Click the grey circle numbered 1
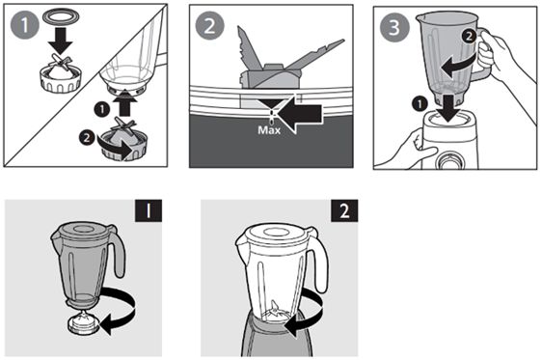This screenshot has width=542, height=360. [24, 24]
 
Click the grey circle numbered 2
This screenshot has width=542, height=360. [209, 26]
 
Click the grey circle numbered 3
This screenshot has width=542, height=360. [394, 27]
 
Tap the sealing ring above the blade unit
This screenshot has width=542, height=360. [61, 17]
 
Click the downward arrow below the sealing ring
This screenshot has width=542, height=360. [61, 41]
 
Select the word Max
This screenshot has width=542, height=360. [269, 130]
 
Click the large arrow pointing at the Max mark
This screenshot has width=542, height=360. [300, 114]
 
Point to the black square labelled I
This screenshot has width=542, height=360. [149, 210]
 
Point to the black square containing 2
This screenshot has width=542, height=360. [344, 210]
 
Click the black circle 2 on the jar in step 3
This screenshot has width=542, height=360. [469, 37]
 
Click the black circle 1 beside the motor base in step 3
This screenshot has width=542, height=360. [420, 103]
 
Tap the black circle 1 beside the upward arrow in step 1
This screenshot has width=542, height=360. [101, 110]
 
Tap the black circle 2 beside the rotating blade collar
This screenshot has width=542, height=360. [87, 138]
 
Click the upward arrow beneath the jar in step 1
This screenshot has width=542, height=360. [124, 102]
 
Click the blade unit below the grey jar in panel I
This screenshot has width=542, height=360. [84, 321]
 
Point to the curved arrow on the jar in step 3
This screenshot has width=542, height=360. [458, 66]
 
